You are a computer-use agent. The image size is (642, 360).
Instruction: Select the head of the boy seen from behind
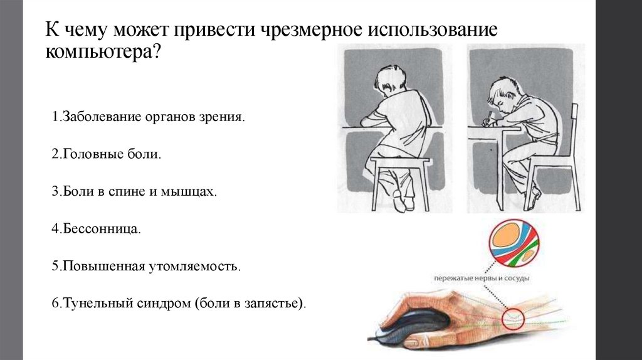[391, 80]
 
